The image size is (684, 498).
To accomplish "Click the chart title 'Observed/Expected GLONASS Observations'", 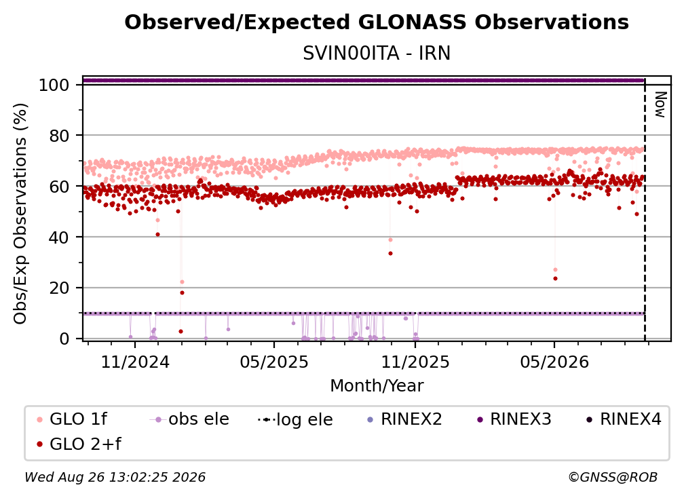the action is (377, 22).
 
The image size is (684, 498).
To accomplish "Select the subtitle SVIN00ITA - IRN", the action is (377, 53).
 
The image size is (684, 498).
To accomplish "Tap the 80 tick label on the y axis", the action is (59, 136).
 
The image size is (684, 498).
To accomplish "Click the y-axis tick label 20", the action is (59, 288).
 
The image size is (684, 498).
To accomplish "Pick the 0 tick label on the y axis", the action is (64, 339).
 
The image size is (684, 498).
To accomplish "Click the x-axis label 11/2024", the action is (135, 362).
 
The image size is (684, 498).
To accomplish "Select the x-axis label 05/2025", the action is (274, 362).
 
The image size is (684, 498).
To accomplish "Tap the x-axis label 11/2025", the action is (415, 362).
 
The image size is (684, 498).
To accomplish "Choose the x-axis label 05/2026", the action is (554, 362).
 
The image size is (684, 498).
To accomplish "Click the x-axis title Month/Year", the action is (377, 385).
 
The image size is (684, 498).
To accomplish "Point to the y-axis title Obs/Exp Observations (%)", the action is (20, 213).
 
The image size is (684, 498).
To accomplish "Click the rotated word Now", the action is (660, 104).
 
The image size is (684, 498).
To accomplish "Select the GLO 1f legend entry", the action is (72, 419).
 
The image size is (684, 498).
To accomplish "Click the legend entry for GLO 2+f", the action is (79, 444).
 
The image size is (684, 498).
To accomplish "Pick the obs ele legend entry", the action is (189, 419).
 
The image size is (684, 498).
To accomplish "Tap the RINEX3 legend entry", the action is (514, 419).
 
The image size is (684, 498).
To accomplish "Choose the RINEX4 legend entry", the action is (624, 419).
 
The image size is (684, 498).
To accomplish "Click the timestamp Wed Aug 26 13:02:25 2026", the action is (115, 477).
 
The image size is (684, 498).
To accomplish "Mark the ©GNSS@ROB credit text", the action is (613, 477).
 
